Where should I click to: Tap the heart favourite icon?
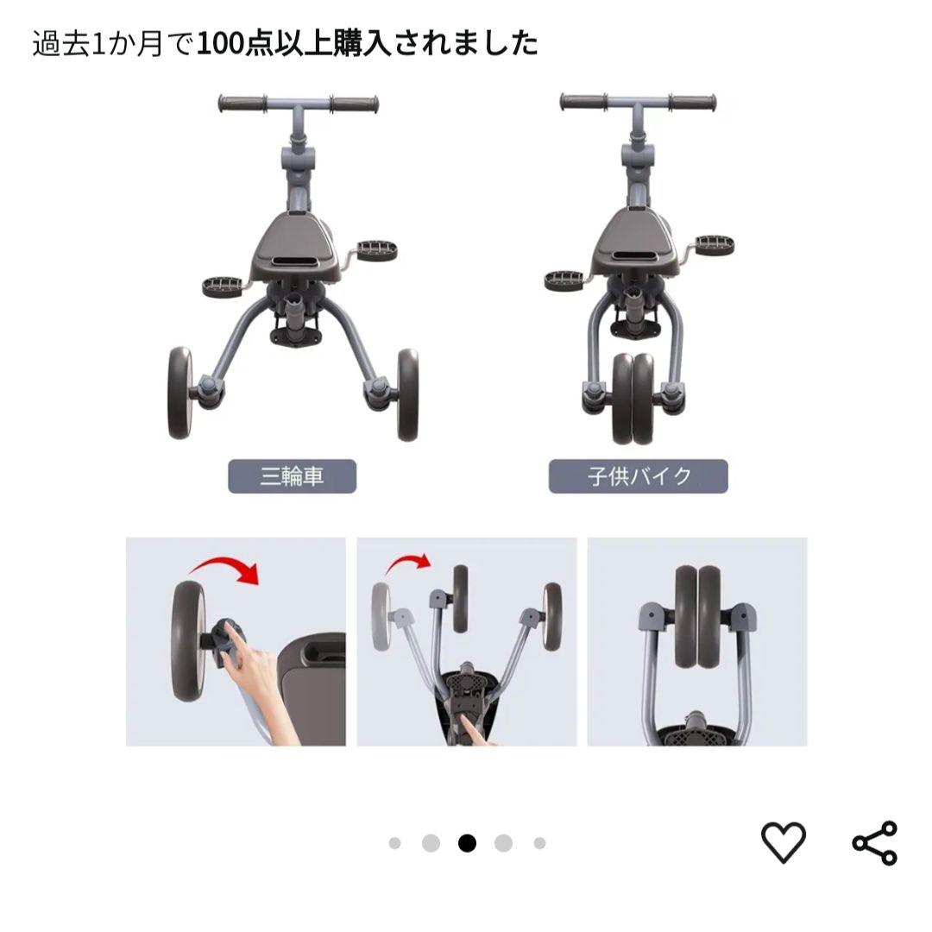(x=783, y=842)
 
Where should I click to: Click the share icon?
(x=874, y=842)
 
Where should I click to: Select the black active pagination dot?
(x=467, y=843)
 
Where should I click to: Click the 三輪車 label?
(x=292, y=475)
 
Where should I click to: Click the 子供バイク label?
(x=638, y=475)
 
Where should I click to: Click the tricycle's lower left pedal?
(x=222, y=286)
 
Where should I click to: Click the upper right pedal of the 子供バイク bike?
(x=710, y=242)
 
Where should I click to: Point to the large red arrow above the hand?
(x=226, y=569)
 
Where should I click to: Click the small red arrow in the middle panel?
(x=407, y=565)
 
